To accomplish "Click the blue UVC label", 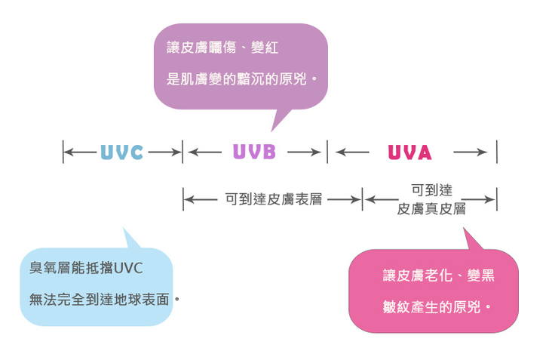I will click(121, 152).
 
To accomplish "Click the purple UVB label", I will click(254, 152).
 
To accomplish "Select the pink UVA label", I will click(409, 152).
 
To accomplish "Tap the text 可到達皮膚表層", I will click(274, 200).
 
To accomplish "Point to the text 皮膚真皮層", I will click(431, 209).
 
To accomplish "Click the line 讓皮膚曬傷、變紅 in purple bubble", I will click(222, 48).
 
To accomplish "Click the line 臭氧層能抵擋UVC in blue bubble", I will click(86, 268).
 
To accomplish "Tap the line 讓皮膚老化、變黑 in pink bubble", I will click(438, 276).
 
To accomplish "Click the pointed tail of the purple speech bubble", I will click(277, 125).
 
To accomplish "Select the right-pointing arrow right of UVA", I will click(470, 152).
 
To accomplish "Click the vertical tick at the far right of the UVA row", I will click(497, 152).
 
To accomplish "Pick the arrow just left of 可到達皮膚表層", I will click(201, 200).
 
